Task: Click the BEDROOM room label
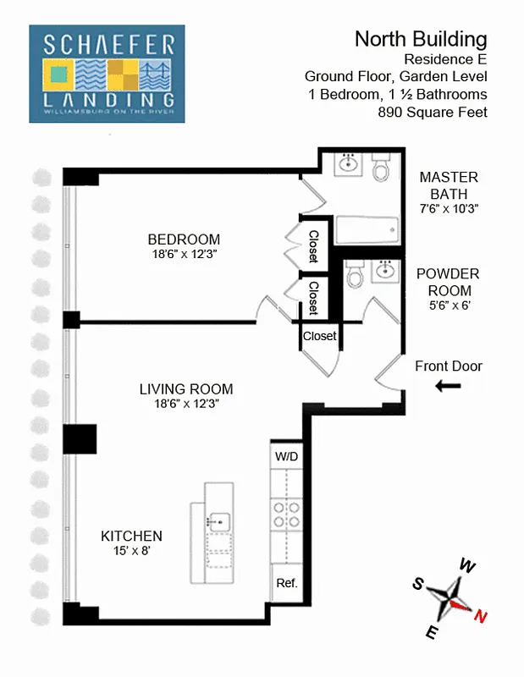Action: click(183, 239)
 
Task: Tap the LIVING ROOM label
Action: click(186, 389)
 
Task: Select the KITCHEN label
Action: click(131, 537)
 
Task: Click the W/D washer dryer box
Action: click(286, 457)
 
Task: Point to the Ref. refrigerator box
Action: click(286, 584)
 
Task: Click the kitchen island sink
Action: click(220, 522)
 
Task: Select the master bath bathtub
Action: click(367, 229)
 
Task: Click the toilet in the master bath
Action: click(381, 168)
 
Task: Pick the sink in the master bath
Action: click(348, 163)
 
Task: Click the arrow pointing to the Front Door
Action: click(449, 387)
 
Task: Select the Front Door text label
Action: click(449, 366)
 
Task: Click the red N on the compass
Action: click(480, 617)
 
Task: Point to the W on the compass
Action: click(466, 565)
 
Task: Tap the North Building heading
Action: click(421, 39)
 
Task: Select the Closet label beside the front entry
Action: click(319, 336)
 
